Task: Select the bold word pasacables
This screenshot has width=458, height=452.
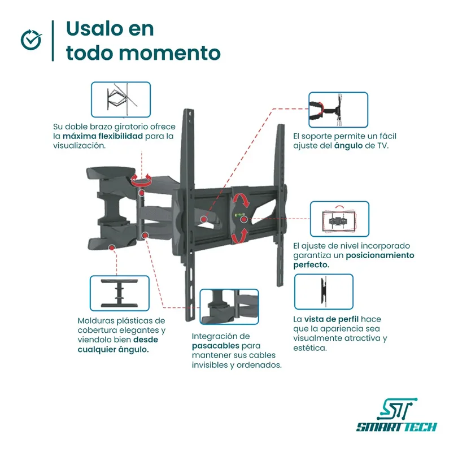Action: tap(216, 345)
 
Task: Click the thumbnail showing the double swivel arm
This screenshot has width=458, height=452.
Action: tap(121, 99)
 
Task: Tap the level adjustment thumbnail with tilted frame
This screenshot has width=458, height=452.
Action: tap(340, 219)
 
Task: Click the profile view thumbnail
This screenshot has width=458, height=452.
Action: tap(324, 292)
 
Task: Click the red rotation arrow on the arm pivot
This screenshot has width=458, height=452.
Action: tap(141, 180)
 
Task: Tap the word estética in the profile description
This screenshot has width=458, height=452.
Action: tap(311, 348)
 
